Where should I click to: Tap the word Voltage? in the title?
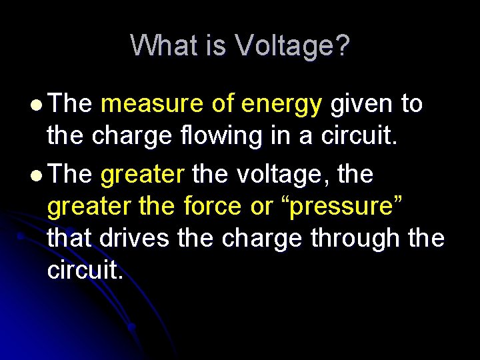point(291,46)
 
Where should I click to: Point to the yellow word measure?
point(152,104)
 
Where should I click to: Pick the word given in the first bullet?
point(361,104)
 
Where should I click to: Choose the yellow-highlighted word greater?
point(142,175)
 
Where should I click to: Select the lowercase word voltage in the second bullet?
point(271,175)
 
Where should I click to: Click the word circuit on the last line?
point(85,269)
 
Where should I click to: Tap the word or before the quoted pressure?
point(263,207)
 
